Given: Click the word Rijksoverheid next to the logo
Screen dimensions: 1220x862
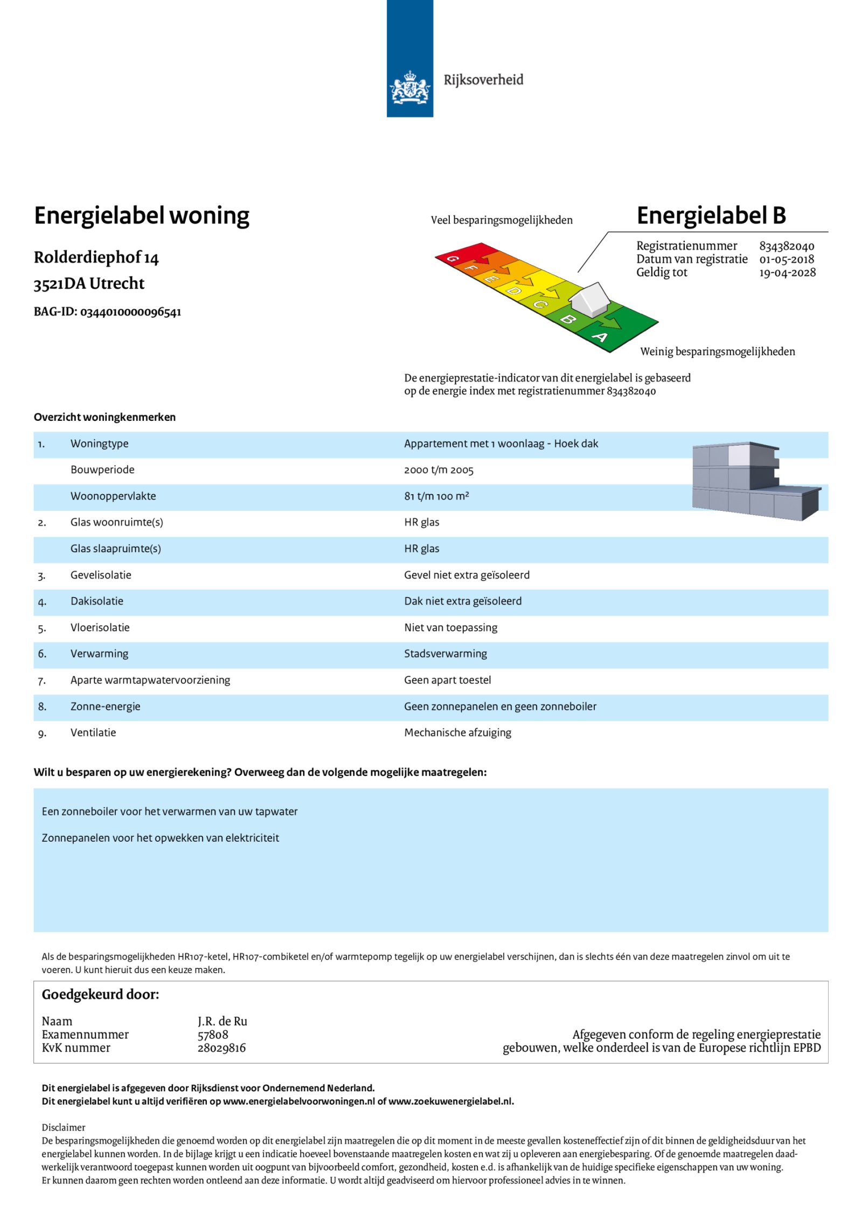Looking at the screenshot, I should tap(483, 80).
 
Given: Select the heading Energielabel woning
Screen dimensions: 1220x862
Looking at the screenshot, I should tap(142, 216).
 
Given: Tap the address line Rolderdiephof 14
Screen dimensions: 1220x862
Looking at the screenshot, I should tap(96, 258).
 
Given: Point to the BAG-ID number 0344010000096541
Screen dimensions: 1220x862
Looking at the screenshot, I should tap(130, 312).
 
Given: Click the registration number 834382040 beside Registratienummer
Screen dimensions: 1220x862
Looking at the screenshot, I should tap(787, 246).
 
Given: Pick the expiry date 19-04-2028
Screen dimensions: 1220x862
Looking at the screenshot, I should tap(787, 273).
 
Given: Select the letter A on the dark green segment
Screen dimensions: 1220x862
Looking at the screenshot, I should tap(600, 337).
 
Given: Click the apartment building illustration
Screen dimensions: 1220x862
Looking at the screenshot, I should tap(755, 481).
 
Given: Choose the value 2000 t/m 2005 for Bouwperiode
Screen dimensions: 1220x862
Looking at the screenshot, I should tap(439, 470).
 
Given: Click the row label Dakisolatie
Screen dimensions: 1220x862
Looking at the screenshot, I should tap(97, 601).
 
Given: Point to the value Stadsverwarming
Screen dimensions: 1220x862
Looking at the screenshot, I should tap(446, 654).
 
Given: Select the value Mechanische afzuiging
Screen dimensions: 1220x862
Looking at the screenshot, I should tap(458, 732).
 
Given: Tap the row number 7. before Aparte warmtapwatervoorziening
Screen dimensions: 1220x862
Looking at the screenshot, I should tap(42, 681).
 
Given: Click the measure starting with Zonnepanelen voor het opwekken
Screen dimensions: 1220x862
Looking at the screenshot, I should tap(161, 838).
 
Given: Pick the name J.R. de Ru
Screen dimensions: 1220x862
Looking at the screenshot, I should tap(222, 1021).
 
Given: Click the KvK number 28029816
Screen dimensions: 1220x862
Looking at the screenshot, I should tap(221, 1048).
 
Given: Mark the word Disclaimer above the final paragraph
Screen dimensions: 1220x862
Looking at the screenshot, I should tap(64, 1127).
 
